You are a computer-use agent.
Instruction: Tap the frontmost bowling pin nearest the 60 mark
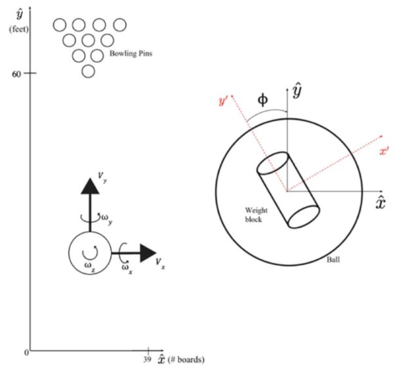click(88, 71)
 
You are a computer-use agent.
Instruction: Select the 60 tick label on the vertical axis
click(18, 73)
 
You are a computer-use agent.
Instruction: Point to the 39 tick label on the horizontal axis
click(148, 359)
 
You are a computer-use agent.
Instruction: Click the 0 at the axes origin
click(26, 353)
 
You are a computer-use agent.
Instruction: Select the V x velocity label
click(159, 263)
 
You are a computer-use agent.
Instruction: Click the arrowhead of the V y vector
click(89, 186)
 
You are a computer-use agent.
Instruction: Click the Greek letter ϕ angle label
click(263, 99)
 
